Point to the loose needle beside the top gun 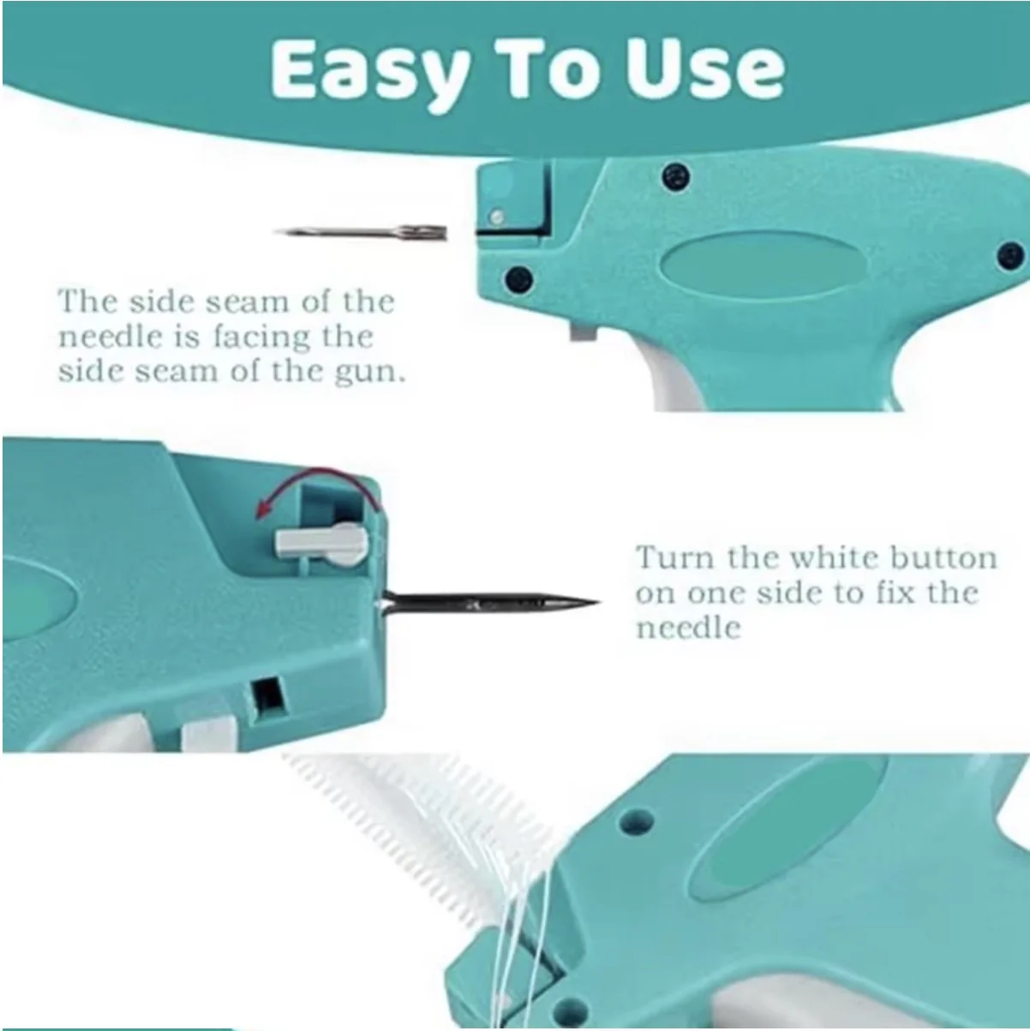[x=361, y=233]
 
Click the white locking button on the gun [x=321, y=544]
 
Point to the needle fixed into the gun [x=489, y=604]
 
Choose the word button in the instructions [x=943, y=557]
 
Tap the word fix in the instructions [x=899, y=593]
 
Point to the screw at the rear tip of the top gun [x=1010, y=255]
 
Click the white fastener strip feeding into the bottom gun [x=428, y=835]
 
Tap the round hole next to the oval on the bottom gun [x=636, y=820]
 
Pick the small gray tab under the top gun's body [x=583, y=331]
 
